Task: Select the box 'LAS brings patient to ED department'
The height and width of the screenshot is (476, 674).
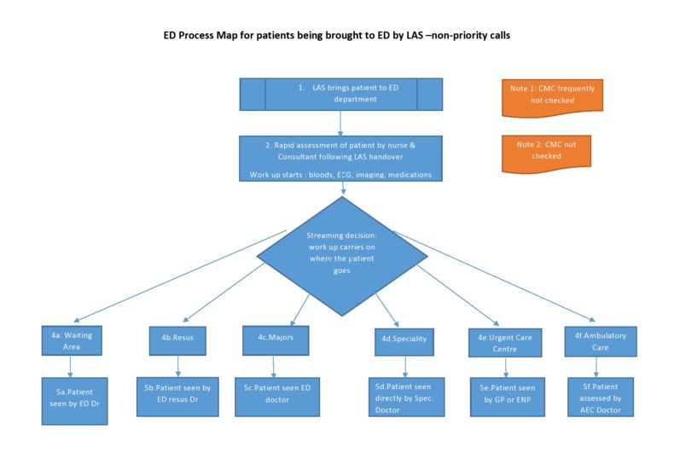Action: (x=341, y=94)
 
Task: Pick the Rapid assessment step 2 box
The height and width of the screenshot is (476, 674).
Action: (x=341, y=158)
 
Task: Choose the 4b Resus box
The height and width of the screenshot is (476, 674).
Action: (x=177, y=339)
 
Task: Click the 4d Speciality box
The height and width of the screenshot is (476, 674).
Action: (x=404, y=340)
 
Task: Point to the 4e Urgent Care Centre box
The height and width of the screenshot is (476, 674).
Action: (x=505, y=343)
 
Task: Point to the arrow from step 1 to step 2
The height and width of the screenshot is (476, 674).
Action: (x=340, y=122)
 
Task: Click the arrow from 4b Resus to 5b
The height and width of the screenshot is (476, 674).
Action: (x=177, y=365)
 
